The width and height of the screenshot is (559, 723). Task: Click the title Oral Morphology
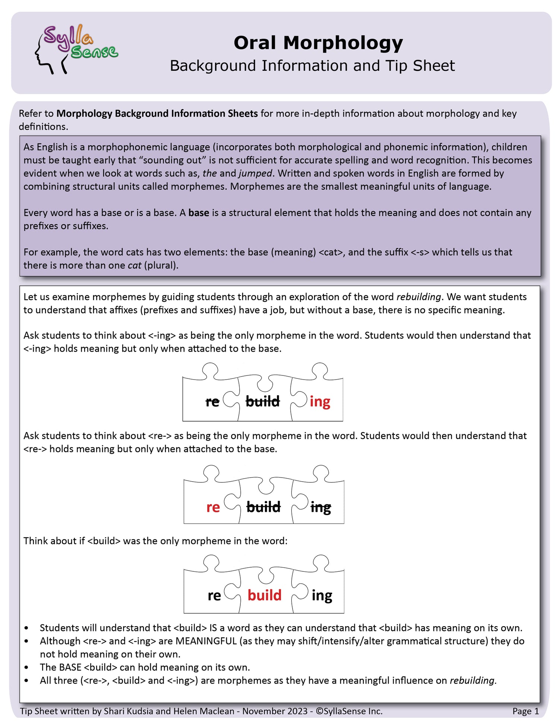click(x=318, y=43)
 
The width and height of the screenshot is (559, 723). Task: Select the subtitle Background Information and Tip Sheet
click(x=312, y=66)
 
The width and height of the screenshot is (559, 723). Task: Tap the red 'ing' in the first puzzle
click(x=320, y=402)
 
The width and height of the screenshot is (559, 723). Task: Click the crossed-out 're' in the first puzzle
click(x=212, y=402)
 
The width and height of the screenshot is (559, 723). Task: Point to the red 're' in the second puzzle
click(x=213, y=507)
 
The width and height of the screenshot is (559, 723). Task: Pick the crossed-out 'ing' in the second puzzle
click(x=320, y=507)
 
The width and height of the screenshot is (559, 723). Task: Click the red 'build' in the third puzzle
click(x=264, y=595)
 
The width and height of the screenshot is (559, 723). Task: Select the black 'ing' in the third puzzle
click(x=322, y=595)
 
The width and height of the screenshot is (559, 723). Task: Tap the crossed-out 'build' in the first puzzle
click(x=263, y=402)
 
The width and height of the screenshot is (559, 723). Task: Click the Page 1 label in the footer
click(x=525, y=711)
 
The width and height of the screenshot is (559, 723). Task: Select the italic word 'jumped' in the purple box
click(x=255, y=174)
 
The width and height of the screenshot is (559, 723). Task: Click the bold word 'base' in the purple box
click(x=199, y=213)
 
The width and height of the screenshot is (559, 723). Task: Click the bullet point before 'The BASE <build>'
click(x=26, y=667)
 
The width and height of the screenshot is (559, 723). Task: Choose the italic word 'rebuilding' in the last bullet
click(x=472, y=681)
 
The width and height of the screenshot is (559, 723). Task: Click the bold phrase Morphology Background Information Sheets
click(x=157, y=114)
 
